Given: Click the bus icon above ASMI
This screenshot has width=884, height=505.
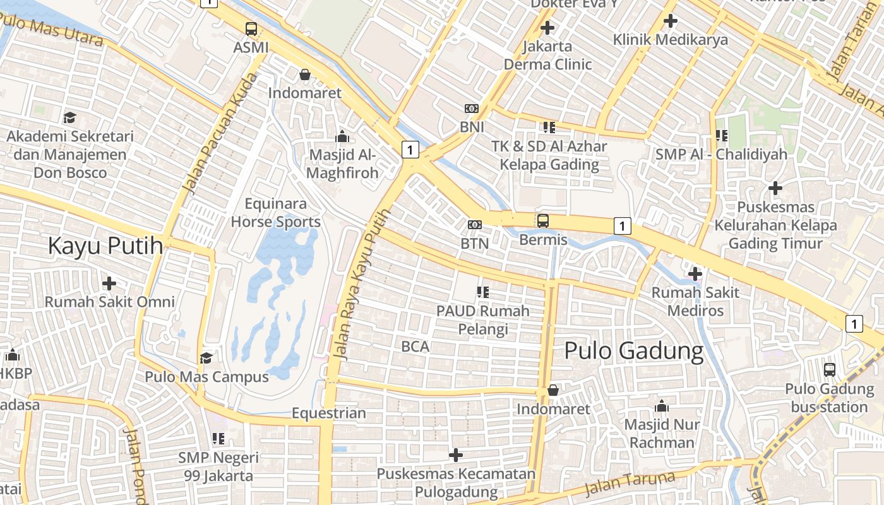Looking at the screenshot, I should [x=251, y=28].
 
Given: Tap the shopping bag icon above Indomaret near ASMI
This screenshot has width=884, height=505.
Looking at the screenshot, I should [x=304, y=74].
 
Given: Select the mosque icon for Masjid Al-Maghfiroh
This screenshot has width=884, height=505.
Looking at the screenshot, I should [x=342, y=136].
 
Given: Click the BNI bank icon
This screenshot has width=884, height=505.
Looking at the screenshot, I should [x=472, y=109].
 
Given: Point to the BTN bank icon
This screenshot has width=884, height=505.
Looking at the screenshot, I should [x=474, y=225].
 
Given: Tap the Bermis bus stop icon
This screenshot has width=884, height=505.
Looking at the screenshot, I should [x=542, y=221].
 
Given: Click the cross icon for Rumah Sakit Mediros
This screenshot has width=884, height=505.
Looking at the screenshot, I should [x=695, y=274].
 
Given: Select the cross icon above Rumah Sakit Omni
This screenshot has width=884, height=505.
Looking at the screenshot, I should [x=109, y=283].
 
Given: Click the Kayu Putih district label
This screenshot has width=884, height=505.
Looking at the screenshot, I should [x=105, y=246].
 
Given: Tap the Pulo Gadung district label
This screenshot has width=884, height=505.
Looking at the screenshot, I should [x=633, y=351].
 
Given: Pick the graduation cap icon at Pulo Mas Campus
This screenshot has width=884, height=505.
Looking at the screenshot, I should [x=206, y=359].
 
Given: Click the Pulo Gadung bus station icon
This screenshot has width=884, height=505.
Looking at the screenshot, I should [x=829, y=370].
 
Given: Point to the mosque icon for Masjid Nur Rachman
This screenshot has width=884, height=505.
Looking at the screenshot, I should [x=661, y=406].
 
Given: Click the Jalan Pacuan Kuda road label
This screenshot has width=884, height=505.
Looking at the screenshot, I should [x=220, y=134].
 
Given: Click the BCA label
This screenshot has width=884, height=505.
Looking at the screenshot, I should [x=415, y=346].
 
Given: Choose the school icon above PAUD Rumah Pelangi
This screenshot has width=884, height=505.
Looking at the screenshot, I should [x=482, y=292].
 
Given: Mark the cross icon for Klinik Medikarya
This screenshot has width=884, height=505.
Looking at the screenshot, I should [x=670, y=21].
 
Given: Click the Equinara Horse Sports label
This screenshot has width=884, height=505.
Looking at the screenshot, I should [x=275, y=213].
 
